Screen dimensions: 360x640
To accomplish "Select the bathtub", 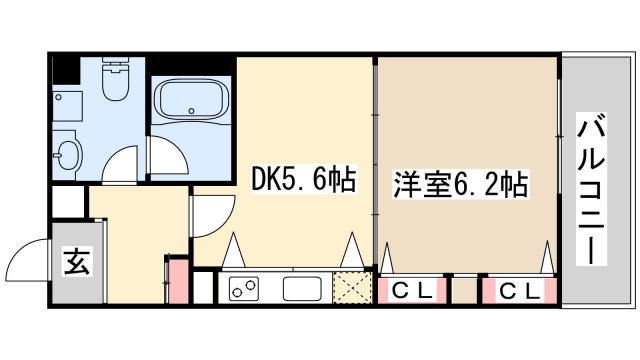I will [x=190, y=102].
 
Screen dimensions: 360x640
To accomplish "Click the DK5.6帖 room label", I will [x=302, y=182].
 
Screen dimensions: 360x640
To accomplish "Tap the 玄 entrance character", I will [x=75, y=265].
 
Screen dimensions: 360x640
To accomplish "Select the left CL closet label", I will [x=411, y=291].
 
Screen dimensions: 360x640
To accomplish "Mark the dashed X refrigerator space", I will [x=352, y=288].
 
